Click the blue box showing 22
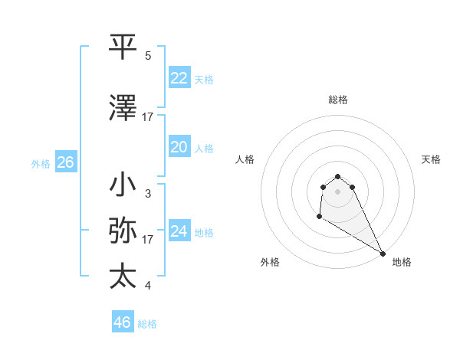pos(179,78)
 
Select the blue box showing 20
pos(179,147)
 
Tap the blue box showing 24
pos(179,231)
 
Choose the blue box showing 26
pos(65,162)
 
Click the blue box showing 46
pos(123,322)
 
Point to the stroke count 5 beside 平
pos(148,56)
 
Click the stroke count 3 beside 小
pos(148,194)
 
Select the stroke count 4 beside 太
pos(148,286)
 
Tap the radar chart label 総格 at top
pos(337,100)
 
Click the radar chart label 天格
pos(432,159)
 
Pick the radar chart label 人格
pos(245,159)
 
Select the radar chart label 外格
pos(270,262)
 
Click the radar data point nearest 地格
pos(383,254)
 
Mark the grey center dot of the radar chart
pos(337,191)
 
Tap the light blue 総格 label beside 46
pos(147,324)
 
